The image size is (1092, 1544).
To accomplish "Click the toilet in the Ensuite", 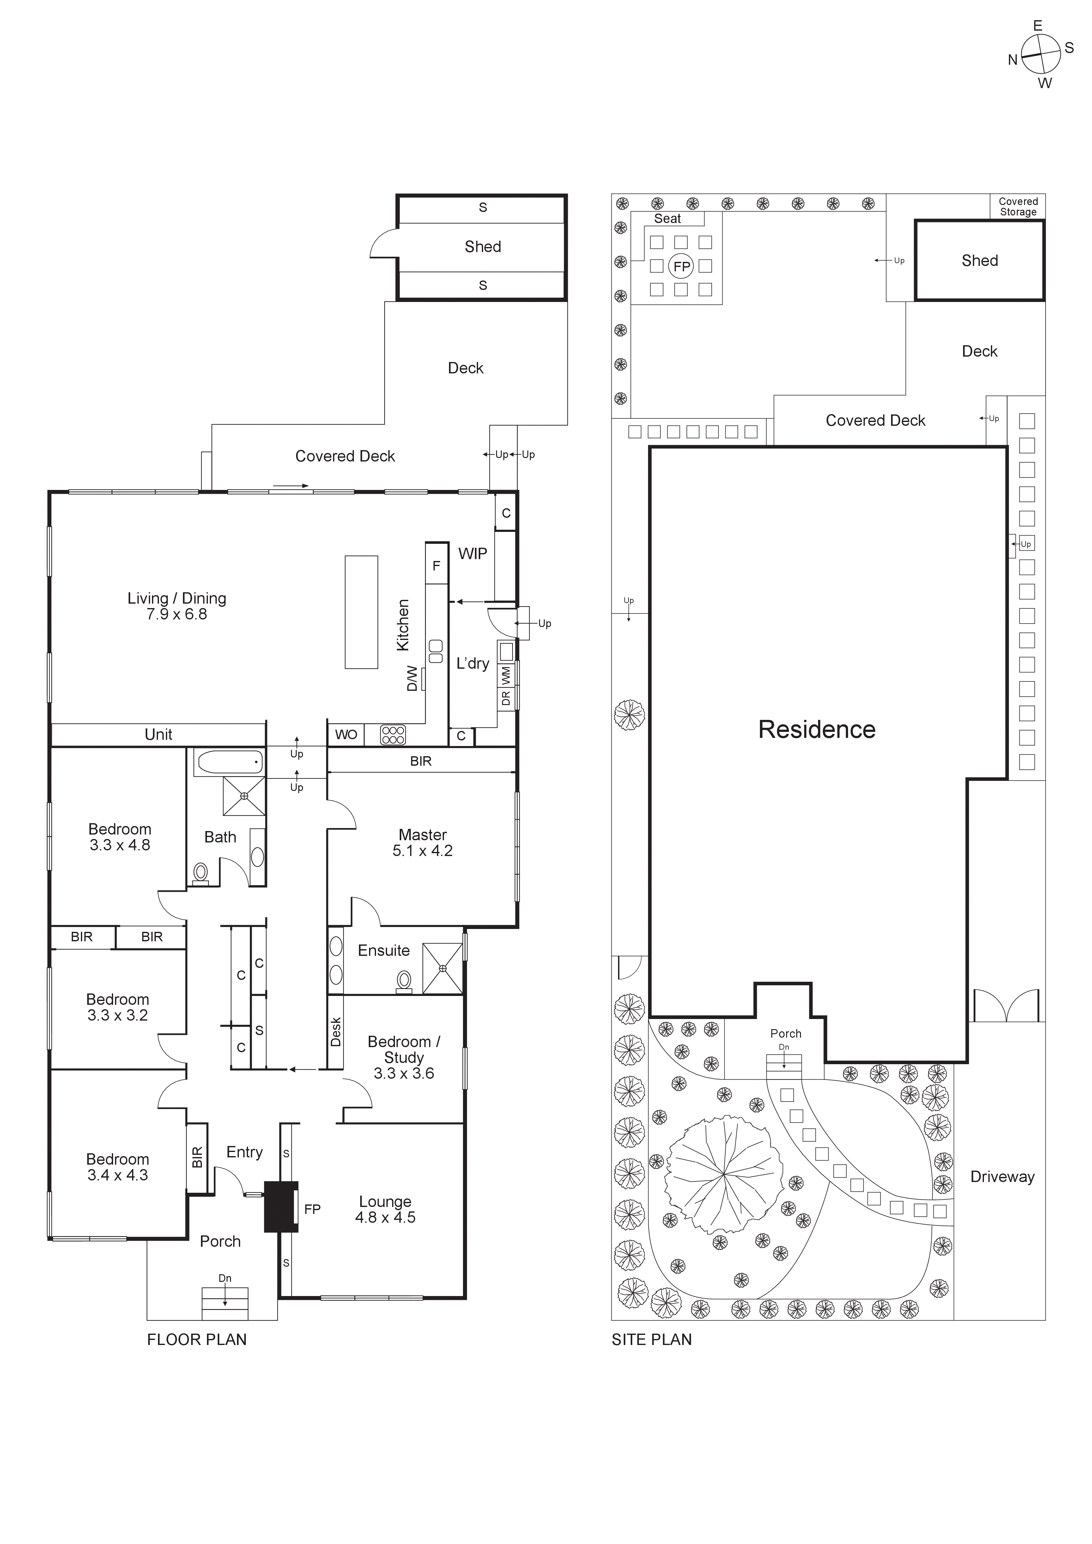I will [404, 981].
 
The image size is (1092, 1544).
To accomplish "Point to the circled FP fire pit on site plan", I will [681, 266].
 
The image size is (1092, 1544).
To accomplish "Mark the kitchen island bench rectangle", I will [361, 612].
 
